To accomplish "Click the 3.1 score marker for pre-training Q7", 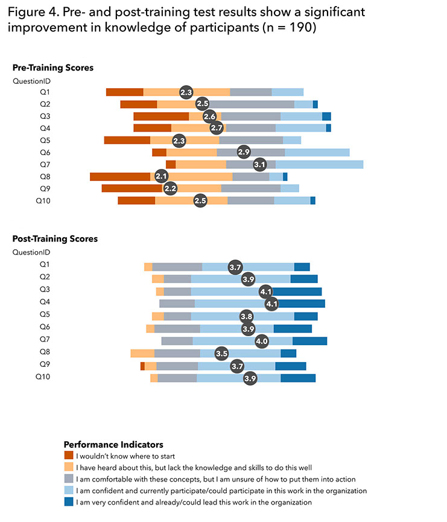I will click(260, 164).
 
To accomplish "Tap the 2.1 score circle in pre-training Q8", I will click(161, 176).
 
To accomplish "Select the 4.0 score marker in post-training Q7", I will click(262, 341).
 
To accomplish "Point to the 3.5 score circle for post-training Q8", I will click(221, 354).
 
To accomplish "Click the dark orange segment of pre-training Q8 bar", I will click(119, 176).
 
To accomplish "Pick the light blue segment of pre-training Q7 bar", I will click(319, 164).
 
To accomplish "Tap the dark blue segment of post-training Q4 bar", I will click(301, 303).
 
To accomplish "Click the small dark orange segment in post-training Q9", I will click(142, 366).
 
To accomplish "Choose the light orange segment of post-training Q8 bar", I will click(142, 354).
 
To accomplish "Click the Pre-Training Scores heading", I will click(53, 68).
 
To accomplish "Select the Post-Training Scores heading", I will click(55, 238).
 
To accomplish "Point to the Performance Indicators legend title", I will click(113, 445).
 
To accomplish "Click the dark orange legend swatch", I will click(69, 456).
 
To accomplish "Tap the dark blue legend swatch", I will click(69, 502).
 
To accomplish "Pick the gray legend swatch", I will click(69, 479).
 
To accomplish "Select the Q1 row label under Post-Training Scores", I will click(45, 264).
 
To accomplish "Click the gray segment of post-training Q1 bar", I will click(177, 267).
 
